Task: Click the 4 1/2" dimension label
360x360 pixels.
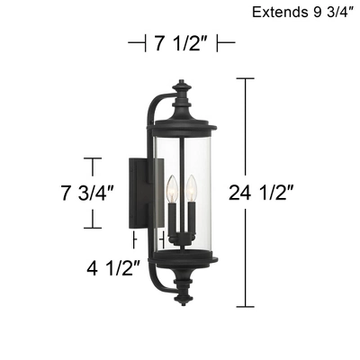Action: tap(112, 267)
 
